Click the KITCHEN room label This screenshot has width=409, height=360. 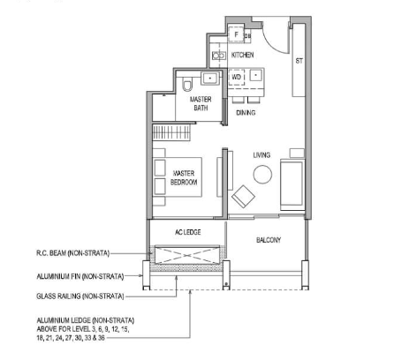243,55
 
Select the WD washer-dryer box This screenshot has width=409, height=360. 236,78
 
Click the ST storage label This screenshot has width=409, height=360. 299,62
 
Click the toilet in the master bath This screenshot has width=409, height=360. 188,85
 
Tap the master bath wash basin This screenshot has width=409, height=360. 210,78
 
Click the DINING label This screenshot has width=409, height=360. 246,112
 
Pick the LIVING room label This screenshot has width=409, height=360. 261,155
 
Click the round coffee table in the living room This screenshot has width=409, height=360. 262,175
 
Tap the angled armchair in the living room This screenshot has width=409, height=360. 241,196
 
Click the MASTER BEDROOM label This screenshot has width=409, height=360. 185,177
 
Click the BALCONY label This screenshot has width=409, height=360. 268,240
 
